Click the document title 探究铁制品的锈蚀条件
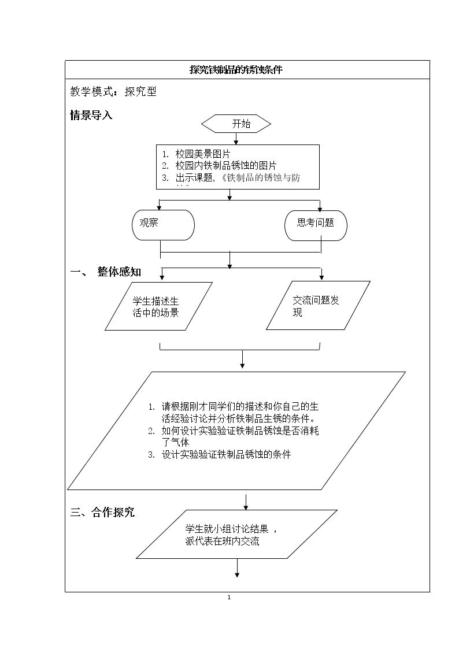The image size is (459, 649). (x=236, y=70)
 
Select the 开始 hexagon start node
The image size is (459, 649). (x=236, y=124)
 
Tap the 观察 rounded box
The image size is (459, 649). (x=163, y=225)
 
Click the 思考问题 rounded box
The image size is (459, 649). (x=316, y=225)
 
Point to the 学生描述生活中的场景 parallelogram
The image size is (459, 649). (x=158, y=306)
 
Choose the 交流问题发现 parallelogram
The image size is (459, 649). (x=318, y=306)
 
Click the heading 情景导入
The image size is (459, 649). (x=91, y=115)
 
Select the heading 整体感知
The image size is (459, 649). (x=119, y=272)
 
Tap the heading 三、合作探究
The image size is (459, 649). (x=103, y=512)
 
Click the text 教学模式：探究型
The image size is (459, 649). (x=113, y=91)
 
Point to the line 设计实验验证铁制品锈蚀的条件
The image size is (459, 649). (x=226, y=454)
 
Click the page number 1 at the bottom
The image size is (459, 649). (x=229, y=597)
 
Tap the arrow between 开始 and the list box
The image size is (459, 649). (x=236, y=139)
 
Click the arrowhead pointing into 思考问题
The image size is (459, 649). (x=320, y=209)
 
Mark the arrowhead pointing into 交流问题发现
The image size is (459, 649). (x=321, y=277)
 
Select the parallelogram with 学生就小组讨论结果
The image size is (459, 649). (x=236, y=534)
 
